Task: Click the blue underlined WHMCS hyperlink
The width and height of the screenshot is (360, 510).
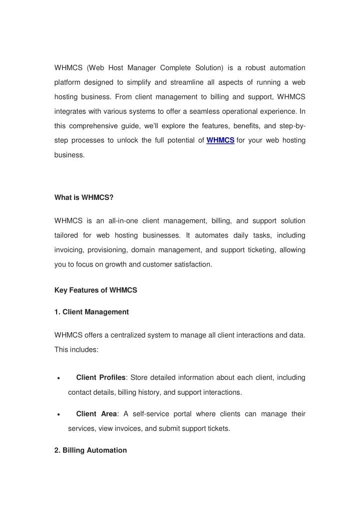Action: [x=220, y=140]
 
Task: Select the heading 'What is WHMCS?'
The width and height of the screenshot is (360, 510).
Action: [x=84, y=197]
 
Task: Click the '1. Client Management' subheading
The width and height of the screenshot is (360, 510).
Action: [x=91, y=312]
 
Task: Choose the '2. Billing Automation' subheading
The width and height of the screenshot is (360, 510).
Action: [x=90, y=450]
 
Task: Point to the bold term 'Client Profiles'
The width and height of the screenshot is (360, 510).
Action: [x=101, y=377]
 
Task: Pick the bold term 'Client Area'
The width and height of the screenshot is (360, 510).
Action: [x=97, y=414]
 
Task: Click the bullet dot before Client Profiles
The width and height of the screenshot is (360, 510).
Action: [x=59, y=378]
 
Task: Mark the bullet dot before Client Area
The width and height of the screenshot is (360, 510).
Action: [x=59, y=415]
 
